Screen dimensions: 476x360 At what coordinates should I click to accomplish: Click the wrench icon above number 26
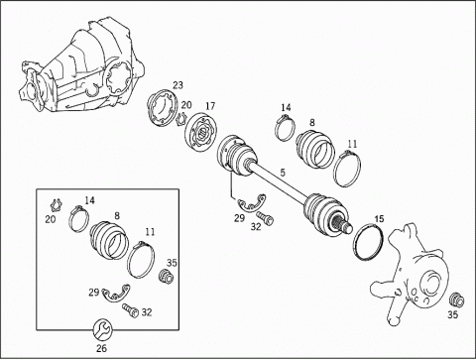click(x=102, y=329)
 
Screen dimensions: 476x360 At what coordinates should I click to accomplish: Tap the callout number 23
click(x=178, y=85)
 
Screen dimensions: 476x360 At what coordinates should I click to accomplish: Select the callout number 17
click(x=210, y=106)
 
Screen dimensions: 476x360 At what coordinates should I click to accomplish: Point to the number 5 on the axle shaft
click(x=283, y=173)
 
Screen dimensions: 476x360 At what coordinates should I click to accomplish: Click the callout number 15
click(x=379, y=218)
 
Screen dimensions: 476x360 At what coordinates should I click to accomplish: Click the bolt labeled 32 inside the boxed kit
click(x=130, y=310)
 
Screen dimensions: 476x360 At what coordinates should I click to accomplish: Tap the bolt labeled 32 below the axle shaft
click(x=265, y=218)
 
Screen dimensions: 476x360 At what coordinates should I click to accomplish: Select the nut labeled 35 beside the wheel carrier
click(x=457, y=300)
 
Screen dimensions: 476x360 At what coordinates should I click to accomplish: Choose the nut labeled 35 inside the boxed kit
click(x=166, y=277)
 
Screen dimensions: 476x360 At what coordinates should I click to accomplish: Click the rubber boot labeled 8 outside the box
click(x=314, y=149)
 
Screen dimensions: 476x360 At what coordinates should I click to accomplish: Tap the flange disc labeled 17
click(x=201, y=133)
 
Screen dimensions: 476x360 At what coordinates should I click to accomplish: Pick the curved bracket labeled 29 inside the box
click(x=116, y=294)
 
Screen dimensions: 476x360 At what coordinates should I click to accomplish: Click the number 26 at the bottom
click(x=101, y=348)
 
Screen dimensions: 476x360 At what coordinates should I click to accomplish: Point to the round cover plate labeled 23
click(x=162, y=107)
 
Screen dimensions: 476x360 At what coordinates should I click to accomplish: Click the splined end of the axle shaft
click(x=343, y=224)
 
